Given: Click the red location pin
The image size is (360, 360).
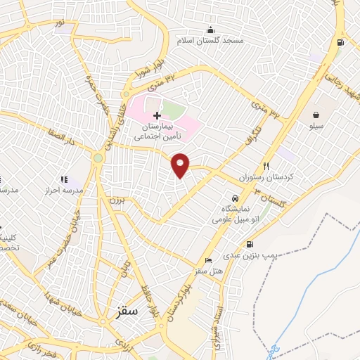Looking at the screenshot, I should click(181, 164).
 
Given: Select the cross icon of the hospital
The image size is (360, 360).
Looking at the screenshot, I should click(157, 115).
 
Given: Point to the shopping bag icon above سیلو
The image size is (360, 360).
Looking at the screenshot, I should click(317, 114).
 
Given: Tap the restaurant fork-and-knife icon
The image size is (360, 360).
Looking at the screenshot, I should click(266, 166).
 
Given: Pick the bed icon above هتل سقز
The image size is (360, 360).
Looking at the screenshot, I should click(207, 260).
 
